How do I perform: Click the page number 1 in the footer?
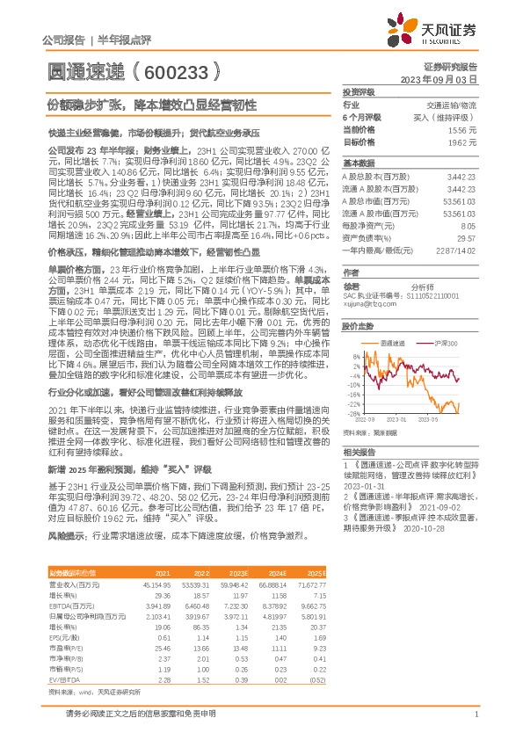click(476, 715)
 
